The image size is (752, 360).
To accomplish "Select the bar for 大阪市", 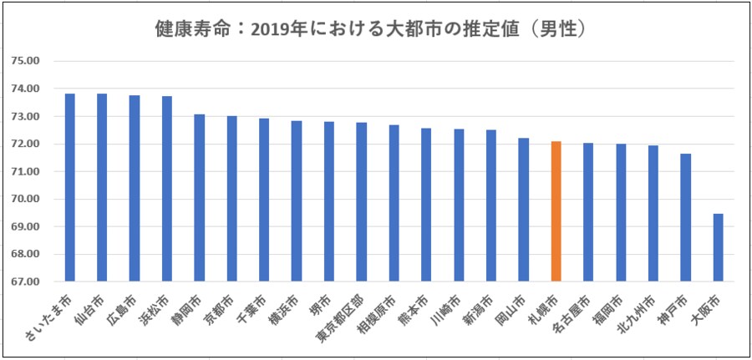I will click(719, 248).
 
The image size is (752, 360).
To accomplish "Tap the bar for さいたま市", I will click(70, 188).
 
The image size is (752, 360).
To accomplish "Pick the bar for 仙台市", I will click(102, 188).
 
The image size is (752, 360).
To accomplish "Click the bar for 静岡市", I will click(200, 198).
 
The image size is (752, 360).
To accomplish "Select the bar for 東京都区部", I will click(362, 202).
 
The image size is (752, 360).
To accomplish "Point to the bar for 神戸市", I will click(686, 218).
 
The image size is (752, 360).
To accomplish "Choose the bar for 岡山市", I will click(524, 210).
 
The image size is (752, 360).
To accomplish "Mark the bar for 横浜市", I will click(297, 201).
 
